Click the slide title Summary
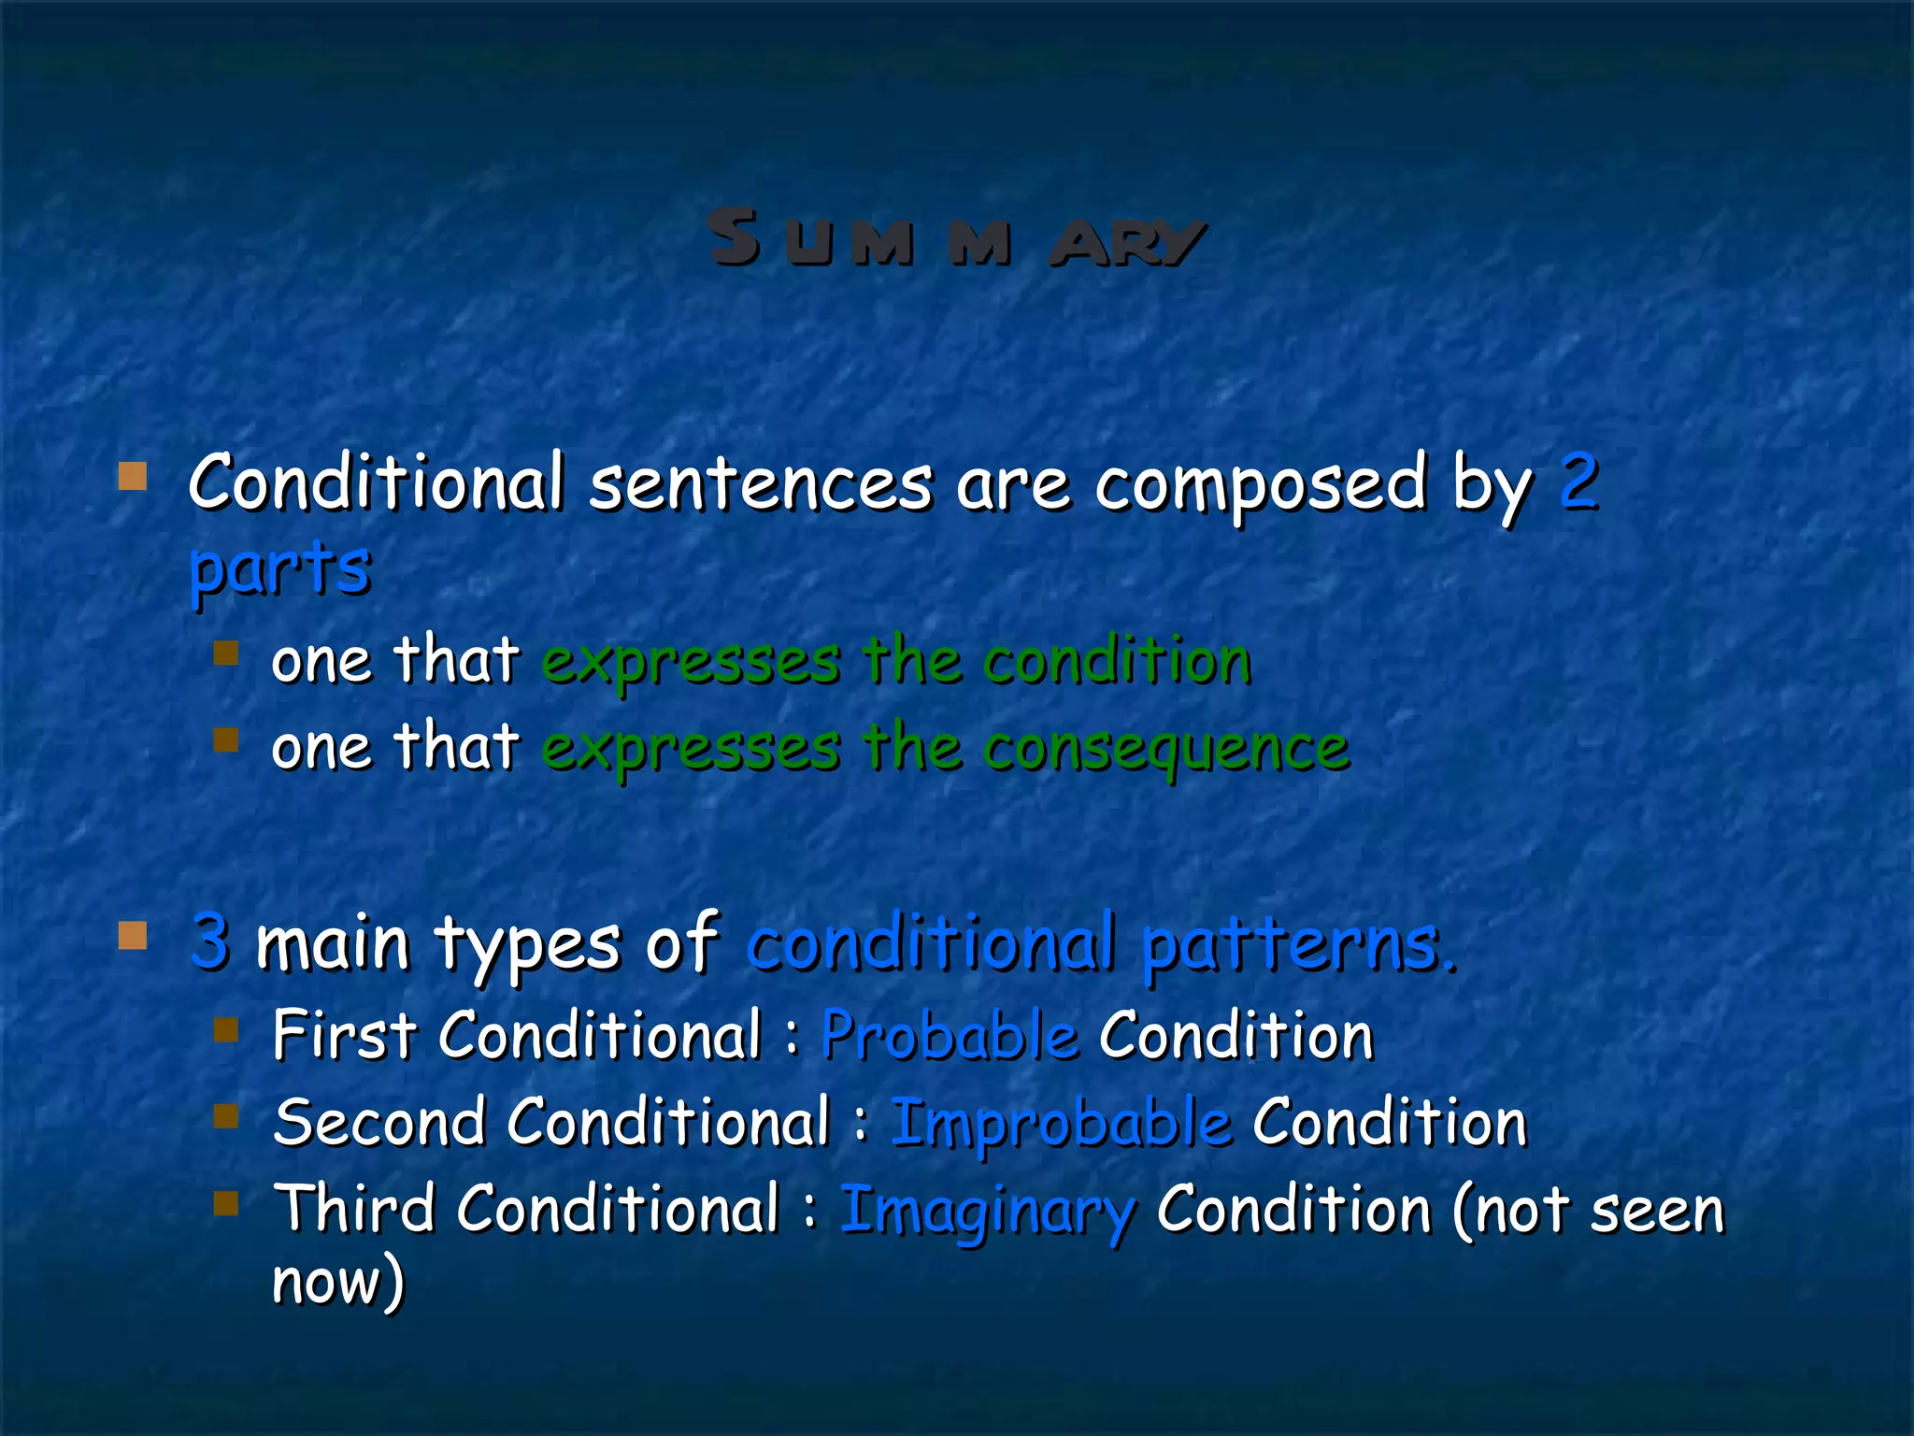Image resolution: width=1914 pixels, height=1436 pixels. [x=955, y=239]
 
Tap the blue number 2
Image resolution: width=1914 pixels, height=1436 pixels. [x=1578, y=482]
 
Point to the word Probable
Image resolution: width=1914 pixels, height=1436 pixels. [x=950, y=1036]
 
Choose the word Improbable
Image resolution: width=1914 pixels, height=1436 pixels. [x=1061, y=1122]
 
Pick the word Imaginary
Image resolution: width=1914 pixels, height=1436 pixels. [x=988, y=1210]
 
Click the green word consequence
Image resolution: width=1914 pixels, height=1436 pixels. [x=1166, y=748]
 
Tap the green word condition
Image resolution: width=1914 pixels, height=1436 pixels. [x=1117, y=660]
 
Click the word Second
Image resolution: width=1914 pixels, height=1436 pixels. [x=379, y=1122]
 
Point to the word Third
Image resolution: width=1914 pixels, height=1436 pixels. [x=354, y=1208]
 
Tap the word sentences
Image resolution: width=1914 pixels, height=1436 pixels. [x=761, y=482]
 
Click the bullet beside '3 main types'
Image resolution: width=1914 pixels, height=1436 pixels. [x=133, y=935]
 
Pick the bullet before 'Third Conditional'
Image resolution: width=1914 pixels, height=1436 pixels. [x=226, y=1202]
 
